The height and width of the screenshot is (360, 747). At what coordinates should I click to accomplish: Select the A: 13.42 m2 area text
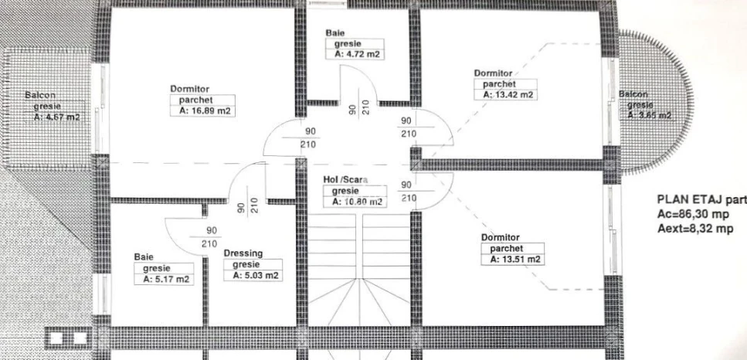508,95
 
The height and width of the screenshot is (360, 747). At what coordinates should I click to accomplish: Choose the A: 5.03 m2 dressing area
256,276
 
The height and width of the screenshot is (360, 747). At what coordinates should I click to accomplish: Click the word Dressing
243,253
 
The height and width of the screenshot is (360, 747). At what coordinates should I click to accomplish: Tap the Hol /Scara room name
345,179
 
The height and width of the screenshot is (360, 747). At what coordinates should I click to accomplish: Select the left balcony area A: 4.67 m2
56,117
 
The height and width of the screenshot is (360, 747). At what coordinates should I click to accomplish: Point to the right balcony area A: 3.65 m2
649,115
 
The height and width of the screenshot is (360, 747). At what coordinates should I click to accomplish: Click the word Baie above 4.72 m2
335,33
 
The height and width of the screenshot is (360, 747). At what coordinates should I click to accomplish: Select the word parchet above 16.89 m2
195,100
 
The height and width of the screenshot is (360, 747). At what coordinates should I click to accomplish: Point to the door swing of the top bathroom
358,83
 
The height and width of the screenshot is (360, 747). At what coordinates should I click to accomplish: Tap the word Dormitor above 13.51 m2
501,237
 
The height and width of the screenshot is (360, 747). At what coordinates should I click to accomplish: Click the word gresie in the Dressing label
246,265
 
